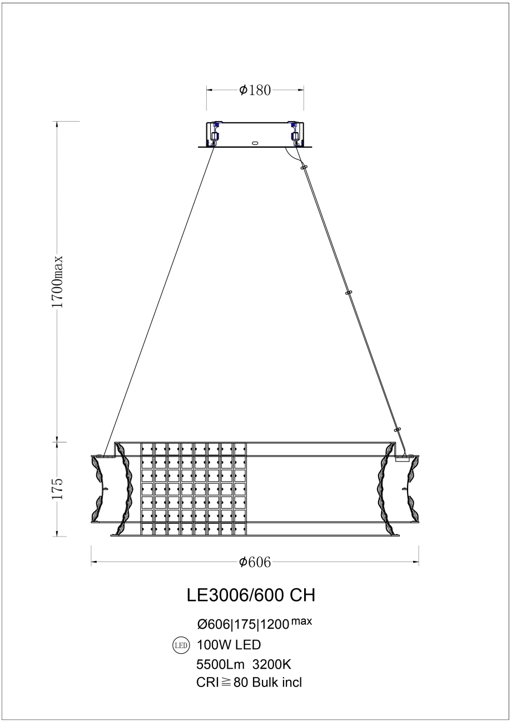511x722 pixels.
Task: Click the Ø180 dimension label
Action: click(255, 90)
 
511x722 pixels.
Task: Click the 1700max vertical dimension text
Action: click(57, 282)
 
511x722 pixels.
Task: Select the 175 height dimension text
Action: click(58, 488)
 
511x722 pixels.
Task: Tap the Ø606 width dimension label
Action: click(255, 563)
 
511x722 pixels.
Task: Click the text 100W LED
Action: click(229, 645)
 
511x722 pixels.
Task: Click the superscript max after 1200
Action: click(302, 621)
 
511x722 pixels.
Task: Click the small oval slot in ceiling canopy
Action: click(255, 142)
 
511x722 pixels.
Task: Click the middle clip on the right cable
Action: click(349, 293)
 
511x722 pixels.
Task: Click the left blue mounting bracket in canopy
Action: click(215, 133)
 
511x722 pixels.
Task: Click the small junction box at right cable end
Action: click(401, 458)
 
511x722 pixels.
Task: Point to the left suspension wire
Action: click(161, 294)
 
